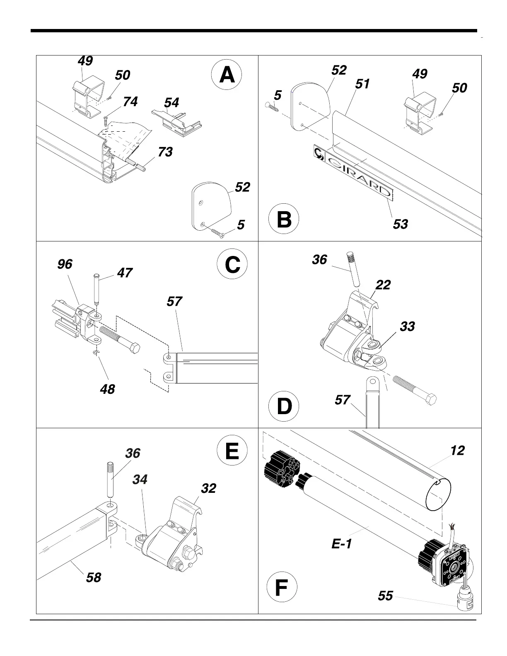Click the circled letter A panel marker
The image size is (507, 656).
pyautogui.click(x=227, y=76)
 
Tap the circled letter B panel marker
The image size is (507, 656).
pyautogui.click(x=284, y=219)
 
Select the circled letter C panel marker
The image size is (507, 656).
pyautogui.click(x=232, y=265)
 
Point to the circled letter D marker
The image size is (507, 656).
pyautogui.click(x=284, y=406)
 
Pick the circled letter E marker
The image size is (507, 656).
pyautogui.click(x=232, y=451)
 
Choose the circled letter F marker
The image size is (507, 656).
pyautogui.click(x=281, y=588)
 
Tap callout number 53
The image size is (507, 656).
pyautogui.click(x=401, y=224)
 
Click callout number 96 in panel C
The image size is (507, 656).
pyautogui.click(x=65, y=264)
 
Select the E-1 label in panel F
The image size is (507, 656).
pyautogui.click(x=342, y=544)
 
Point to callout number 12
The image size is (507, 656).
pyautogui.click(x=457, y=451)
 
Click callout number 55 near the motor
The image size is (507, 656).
pyautogui.click(x=385, y=596)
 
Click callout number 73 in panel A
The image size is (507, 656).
pyautogui.click(x=165, y=152)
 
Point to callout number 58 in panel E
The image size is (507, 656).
pyautogui.click(x=94, y=577)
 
